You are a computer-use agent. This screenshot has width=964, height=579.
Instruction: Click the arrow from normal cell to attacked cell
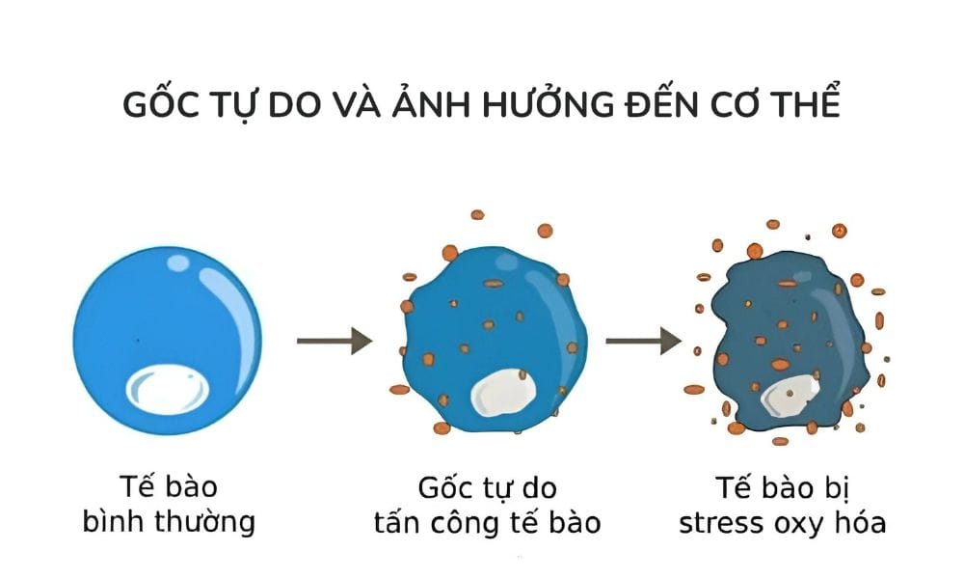pos(335,341)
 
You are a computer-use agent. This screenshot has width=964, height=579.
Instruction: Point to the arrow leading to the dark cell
pos(643,341)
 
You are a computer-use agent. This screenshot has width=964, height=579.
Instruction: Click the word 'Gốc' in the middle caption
pos(444,485)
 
